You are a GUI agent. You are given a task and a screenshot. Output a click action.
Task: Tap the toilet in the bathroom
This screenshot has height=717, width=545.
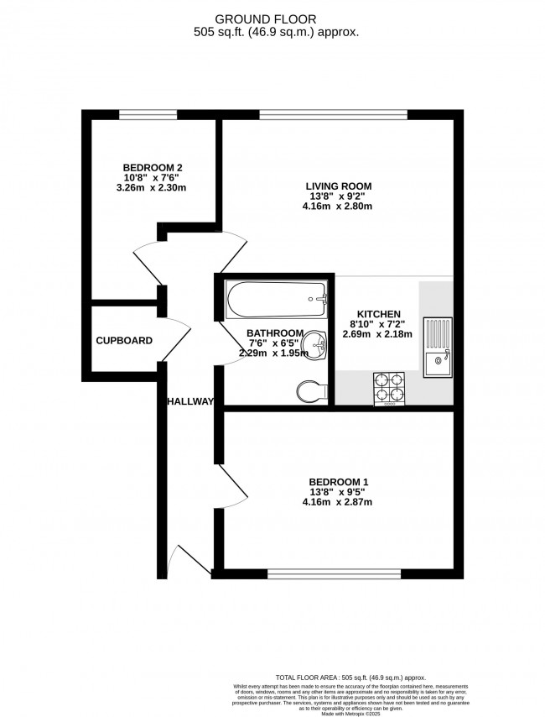pyautogui.click(x=311, y=390)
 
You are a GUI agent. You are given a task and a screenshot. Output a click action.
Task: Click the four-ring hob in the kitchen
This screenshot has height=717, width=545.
pyautogui.click(x=388, y=389)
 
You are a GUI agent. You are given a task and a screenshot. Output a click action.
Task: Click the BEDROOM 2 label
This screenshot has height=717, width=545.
pyautogui.click(x=152, y=167)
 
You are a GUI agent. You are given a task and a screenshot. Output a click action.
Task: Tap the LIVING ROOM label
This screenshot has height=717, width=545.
pyautogui.click(x=338, y=186)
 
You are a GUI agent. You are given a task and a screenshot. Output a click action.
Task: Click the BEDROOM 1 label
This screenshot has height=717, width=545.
pyautogui.click(x=337, y=482)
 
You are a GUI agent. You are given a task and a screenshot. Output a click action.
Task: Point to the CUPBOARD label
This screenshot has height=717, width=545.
pyautogui.click(x=124, y=341)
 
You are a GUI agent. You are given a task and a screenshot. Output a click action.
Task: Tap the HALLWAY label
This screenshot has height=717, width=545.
pyautogui.click(x=191, y=401)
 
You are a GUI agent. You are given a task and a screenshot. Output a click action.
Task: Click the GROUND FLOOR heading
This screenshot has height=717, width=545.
pyautogui.click(x=272, y=18)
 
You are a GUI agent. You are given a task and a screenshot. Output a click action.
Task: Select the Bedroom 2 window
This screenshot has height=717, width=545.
pyautogui.click(x=147, y=114)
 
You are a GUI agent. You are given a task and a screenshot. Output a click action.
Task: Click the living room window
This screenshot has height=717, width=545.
pyautogui.click(x=333, y=114)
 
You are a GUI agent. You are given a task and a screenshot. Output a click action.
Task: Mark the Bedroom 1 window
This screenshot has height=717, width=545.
pyautogui.click(x=335, y=574)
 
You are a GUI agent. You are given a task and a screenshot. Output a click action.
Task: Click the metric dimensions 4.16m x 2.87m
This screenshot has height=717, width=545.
pyautogui.click(x=337, y=502)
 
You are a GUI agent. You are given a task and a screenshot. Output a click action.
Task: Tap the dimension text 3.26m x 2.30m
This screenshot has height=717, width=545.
pyautogui.click(x=152, y=187)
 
